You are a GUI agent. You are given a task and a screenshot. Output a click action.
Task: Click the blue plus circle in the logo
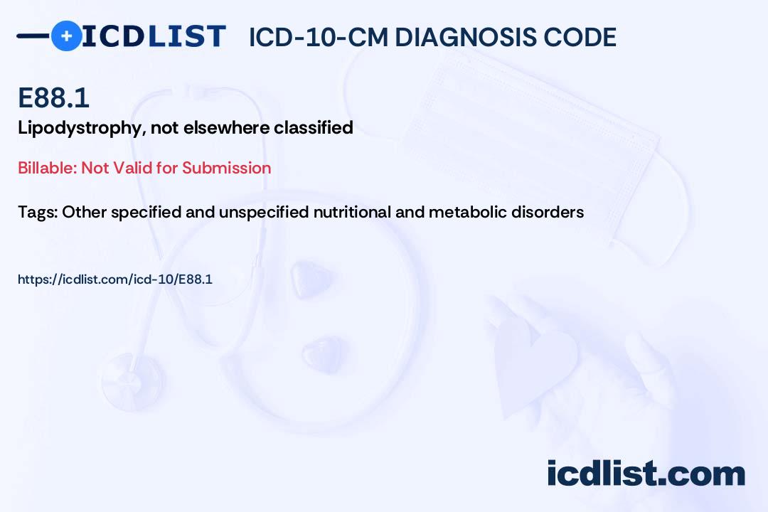tap(66, 36)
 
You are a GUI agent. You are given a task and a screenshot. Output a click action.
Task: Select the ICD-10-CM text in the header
tap(318, 37)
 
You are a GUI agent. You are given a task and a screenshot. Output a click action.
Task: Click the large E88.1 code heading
tap(53, 97)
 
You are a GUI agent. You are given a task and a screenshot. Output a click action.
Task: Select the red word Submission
tap(227, 168)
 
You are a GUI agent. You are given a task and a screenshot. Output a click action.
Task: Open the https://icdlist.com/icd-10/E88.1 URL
tap(115, 279)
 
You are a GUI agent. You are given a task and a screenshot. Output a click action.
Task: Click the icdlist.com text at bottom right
tap(646, 474)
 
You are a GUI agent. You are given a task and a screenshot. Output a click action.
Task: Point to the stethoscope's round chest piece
tap(132, 380)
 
